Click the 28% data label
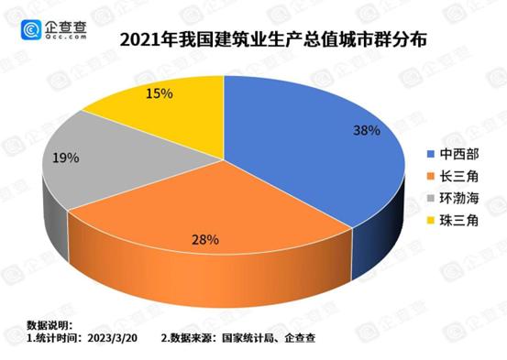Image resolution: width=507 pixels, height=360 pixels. (204, 240)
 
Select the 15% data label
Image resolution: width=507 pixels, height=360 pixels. (159, 93)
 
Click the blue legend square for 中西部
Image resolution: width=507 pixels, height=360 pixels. (429, 154)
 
